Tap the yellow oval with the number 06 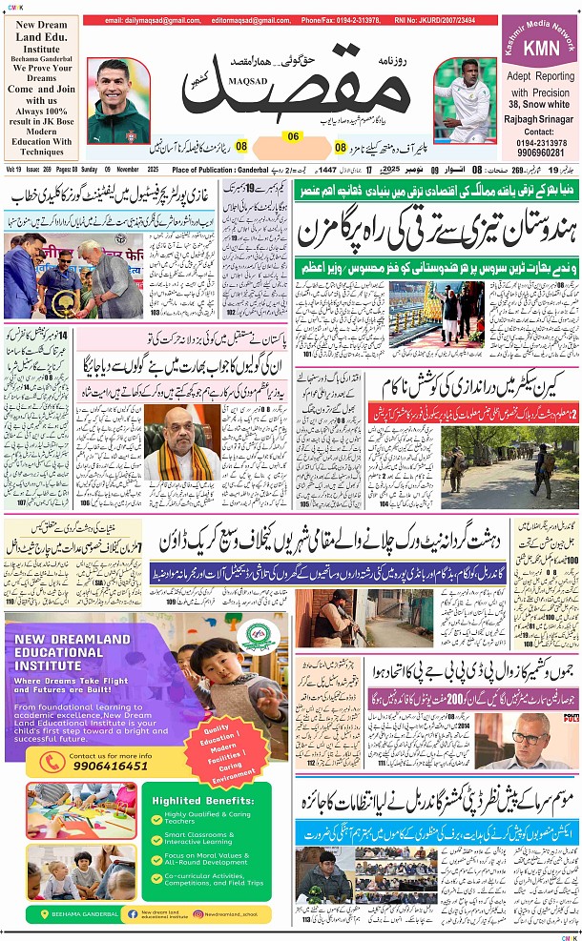click(x=294, y=136)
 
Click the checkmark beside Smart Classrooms click(x=158, y=838)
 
